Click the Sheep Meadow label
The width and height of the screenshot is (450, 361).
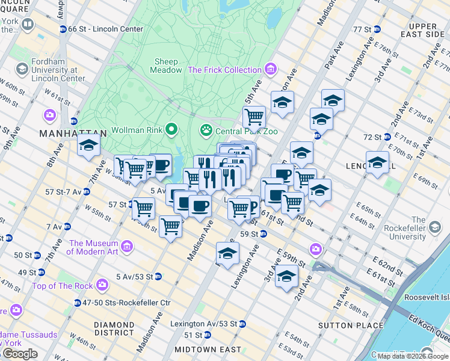[x=167, y=66]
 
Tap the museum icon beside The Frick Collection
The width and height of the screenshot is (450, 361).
[x=270, y=70]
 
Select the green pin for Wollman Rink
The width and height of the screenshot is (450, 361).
[x=171, y=129]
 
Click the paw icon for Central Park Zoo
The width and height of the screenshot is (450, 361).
[x=206, y=129]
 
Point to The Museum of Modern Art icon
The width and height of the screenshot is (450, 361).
[x=127, y=247]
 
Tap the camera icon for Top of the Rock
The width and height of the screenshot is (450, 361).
[x=102, y=283]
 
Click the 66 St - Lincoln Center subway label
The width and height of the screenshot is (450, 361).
[x=105, y=29]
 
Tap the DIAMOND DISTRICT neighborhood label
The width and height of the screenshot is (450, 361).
[x=114, y=328]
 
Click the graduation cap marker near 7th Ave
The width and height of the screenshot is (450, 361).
[x=89, y=145]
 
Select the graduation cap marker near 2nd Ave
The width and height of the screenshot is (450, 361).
[x=286, y=276]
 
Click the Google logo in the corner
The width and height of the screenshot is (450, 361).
[x=20, y=354]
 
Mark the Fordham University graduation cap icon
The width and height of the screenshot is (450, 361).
[x=23, y=69]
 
